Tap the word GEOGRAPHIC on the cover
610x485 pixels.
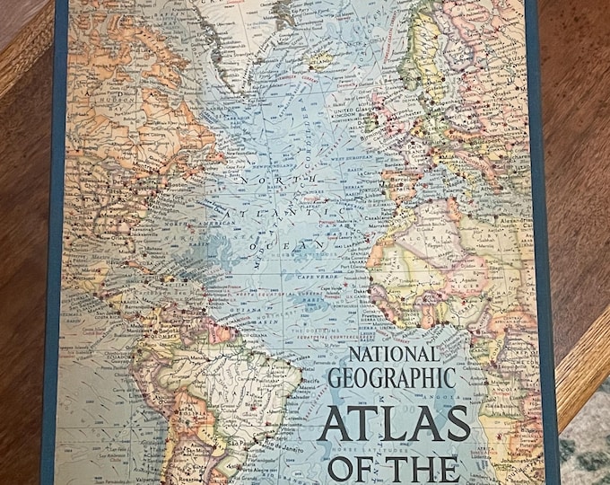[x=391, y=378]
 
